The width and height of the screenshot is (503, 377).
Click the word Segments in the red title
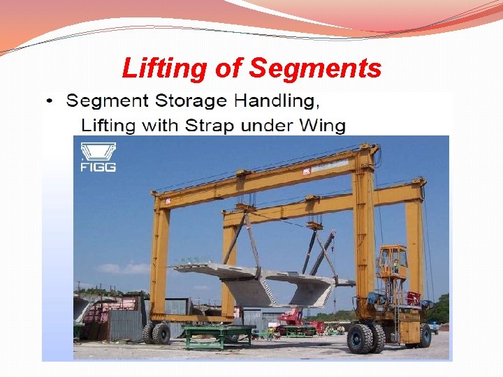pos(315,68)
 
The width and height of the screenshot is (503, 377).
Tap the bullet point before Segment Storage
pos(48,101)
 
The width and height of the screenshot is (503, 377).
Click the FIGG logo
pos(97,157)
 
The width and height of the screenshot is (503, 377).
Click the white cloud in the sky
pos(116,267)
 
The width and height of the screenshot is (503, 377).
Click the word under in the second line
pos(275,126)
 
